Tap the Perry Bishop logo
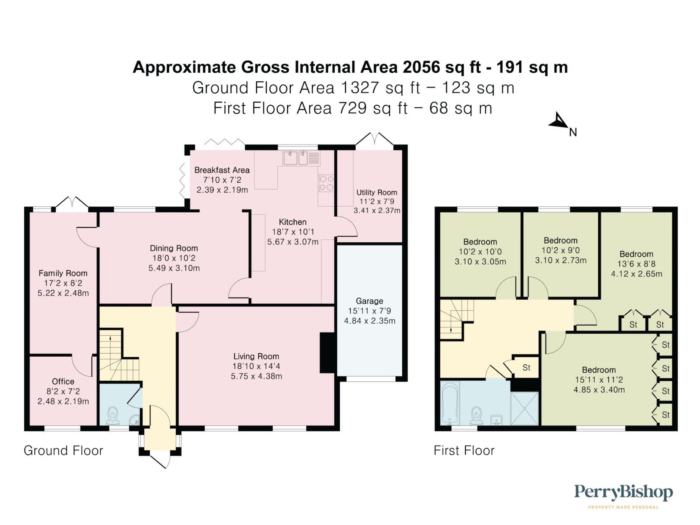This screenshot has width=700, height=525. (x=623, y=496)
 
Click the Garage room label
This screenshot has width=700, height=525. (x=369, y=301)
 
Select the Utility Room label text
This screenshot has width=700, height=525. (x=377, y=192)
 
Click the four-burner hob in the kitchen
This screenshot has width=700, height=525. (x=326, y=183)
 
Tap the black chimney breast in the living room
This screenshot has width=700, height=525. (x=328, y=353)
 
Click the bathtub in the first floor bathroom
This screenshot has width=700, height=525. (x=450, y=403)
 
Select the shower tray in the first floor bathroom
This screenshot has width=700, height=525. (x=525, y=408)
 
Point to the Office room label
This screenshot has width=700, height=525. (x=63, y=381)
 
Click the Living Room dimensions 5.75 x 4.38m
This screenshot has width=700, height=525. (x=256, y=376)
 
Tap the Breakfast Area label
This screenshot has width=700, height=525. (x=222, y=170)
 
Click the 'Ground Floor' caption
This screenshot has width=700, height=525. (x=63, y=451)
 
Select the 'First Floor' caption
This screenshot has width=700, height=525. (x=464, y=451)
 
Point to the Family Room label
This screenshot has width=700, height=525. (x=63, y=273)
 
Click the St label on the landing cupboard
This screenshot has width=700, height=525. (x=526, y=368)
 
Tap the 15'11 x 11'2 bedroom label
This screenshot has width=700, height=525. (x=599, y=380)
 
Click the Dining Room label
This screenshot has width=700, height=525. (x=174, y=248)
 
